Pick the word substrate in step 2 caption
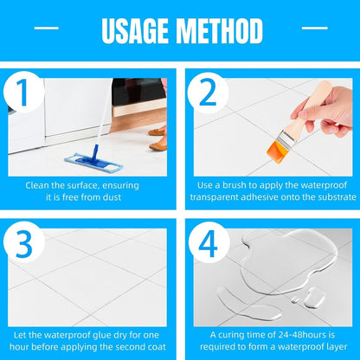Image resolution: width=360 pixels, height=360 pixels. click(x=326, y=196)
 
